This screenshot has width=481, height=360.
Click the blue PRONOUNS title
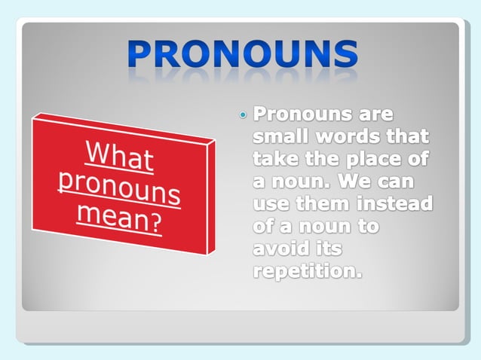[x=241, y=55]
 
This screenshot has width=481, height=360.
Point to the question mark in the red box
[x=156, y=224]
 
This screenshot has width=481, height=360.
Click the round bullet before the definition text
[x=242, y=116]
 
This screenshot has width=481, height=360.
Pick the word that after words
[x=406, y=138]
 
